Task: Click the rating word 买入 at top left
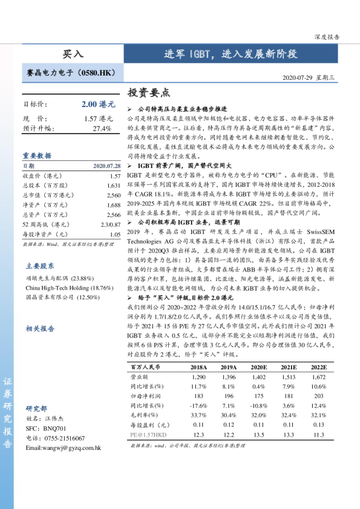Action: pos(73,54)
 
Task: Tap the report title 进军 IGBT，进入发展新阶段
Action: pos(231,54)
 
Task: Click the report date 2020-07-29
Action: pos(299,78)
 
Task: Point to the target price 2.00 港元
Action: pos(98,104)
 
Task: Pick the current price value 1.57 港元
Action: pos(99,118)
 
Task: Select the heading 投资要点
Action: pos(149,93)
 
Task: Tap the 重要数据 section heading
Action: pos(37,155)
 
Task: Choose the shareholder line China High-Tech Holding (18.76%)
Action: pos(70,288)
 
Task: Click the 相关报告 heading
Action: pos(40,328)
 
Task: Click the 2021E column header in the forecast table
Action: pos(289,367)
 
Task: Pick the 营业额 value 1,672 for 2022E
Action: pos(318,377)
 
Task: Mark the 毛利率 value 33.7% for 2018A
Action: pos(198,415)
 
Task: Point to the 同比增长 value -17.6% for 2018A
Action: pos(198,405)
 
